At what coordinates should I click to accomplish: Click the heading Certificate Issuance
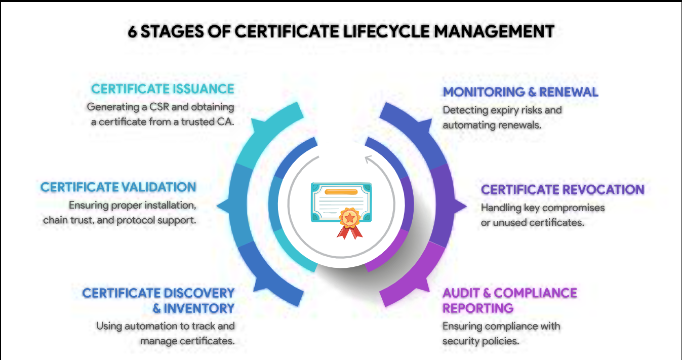pos(163,89)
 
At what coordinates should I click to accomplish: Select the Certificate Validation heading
pos(118,187)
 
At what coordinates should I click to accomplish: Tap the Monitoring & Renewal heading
pos(520,92)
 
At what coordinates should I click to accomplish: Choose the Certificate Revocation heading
pos(563,190)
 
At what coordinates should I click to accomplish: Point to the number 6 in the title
pos(132,31)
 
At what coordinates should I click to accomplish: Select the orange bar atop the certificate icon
pos(341,192)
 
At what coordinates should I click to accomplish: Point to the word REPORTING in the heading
pos(478,308)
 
